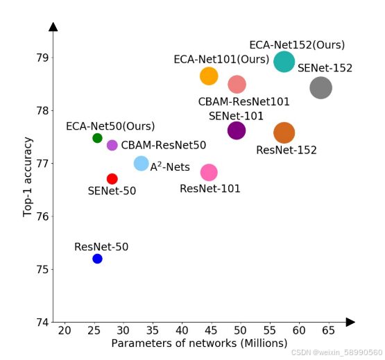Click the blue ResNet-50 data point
point(97,259)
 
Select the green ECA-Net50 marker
point(97,138)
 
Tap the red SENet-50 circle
point(112,179)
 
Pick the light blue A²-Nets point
point(141,164)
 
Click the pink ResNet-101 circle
point(209,172)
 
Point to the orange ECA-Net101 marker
point(209,76)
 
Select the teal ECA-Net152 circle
point(284,62)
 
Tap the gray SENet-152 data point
point(320,88)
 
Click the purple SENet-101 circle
point(237,130)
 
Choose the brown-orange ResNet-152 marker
point(284,132)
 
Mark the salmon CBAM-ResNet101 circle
point(237,85)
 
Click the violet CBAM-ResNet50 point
point(112,145)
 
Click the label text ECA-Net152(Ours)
point(297,45)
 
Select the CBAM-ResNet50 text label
point(164,146)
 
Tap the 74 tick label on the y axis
point(42,323)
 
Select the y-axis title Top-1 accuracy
point(28,178)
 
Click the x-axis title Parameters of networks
point(199,344)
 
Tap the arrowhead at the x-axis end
point(350,322)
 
